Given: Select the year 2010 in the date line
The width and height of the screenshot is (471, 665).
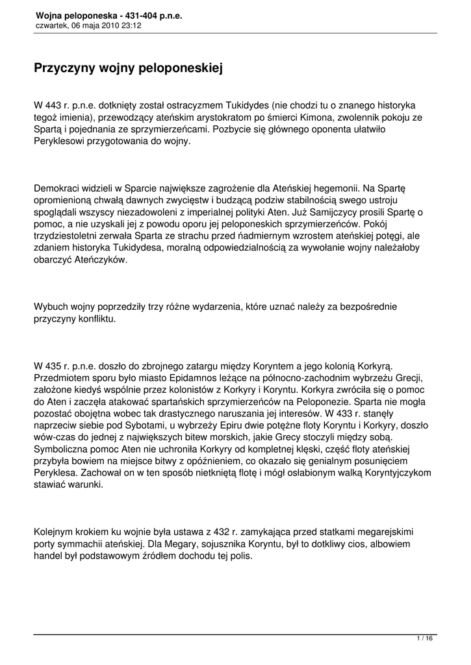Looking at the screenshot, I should [x=109, y=25].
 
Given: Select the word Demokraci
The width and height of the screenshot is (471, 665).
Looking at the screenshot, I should [x=58, y=188].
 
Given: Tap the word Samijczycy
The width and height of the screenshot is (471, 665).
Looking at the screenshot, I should [x=340, y=212].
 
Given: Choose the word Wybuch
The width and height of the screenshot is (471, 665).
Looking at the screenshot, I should [x=51, y=305].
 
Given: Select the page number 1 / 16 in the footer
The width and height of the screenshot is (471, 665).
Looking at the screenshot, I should [x=424, y=640].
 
